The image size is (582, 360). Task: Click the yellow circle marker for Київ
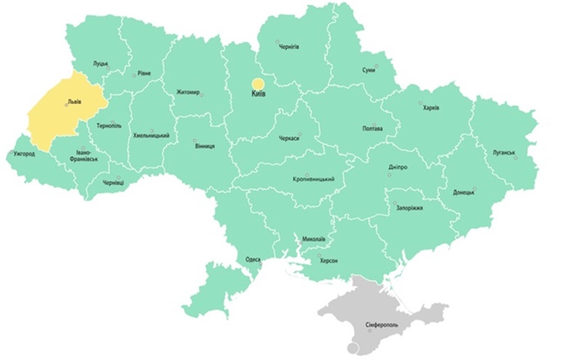(258, 84)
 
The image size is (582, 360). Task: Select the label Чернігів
(289, 47)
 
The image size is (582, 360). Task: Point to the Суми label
(369, 70)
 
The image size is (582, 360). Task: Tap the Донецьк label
(463, 193)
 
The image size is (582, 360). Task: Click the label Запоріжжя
(407, 208)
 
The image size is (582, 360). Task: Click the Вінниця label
(204, 146)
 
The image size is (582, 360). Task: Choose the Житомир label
(188, 92)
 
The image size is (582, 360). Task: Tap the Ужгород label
(24, 155)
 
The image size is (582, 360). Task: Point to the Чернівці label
(113, 183)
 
